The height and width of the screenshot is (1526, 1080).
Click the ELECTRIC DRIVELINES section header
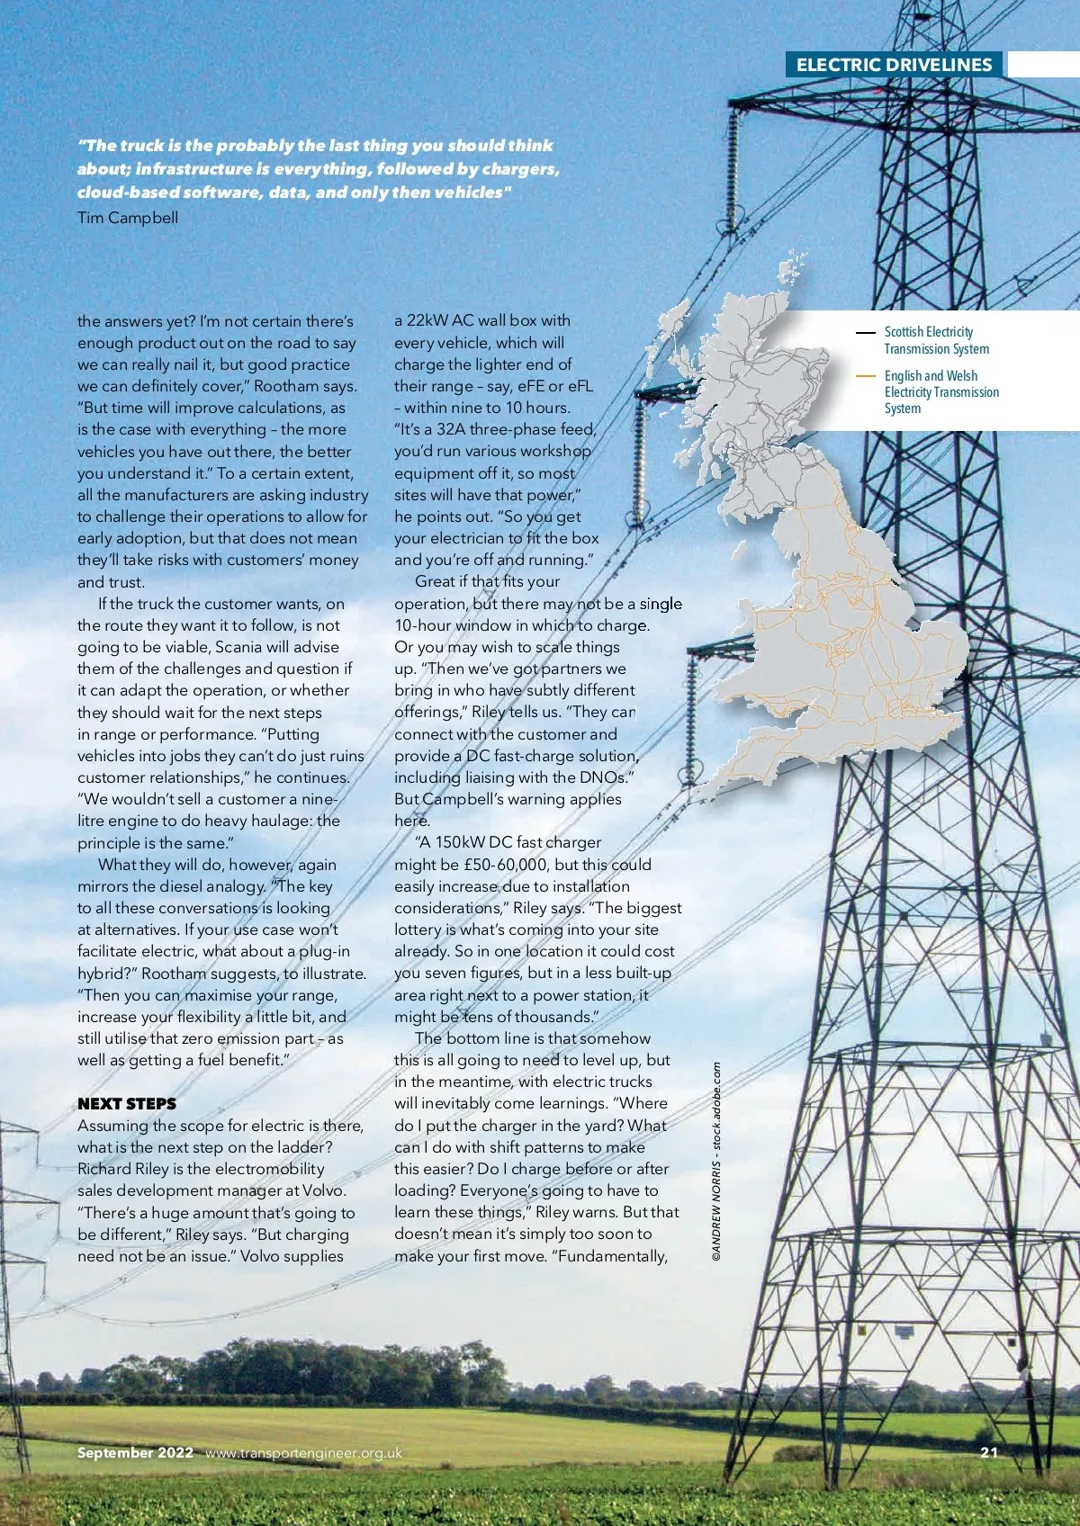pyautogui.click(x=894, y=65)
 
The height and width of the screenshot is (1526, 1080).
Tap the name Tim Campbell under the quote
pyautogui.click(x=128, y=218)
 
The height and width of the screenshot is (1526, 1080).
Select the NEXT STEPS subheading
pyautogui.click(x=127, y=1104)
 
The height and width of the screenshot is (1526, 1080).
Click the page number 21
pyautogui.click(x=989, y=1452)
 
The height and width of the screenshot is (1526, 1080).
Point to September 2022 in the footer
pyautogui.click(x=135, y=1452)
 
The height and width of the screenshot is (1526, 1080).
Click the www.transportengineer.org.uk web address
pyautogui.click(x=303, y=1452)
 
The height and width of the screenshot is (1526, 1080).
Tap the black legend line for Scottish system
pyautogui.click(x=865, y=332)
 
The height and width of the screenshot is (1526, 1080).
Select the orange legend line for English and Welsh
pyautogui.click(x=865, y=376)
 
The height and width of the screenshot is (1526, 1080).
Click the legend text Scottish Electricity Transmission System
pyautogui.click(x=936, y=340)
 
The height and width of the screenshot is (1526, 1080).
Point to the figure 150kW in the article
pyautogui.click(x=460, y=843)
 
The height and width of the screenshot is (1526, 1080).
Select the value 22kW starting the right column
pyautogui.click(x=427, y=320)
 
